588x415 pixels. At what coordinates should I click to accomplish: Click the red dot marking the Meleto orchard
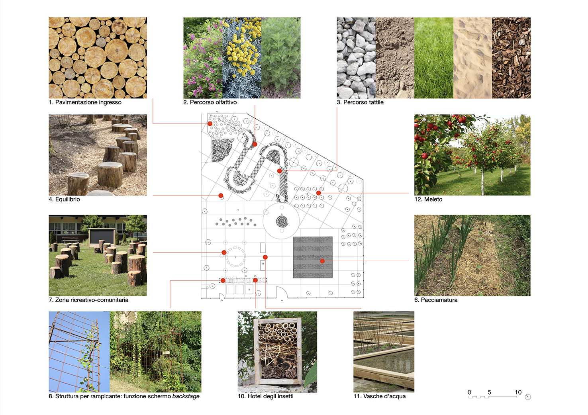[318, 193]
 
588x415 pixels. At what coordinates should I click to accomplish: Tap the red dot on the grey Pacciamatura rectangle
[322, 261]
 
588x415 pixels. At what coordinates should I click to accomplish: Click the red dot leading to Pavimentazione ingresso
[210, 124]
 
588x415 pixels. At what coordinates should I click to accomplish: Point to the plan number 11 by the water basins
[263, 264]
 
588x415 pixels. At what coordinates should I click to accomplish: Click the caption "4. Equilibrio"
[64, 199]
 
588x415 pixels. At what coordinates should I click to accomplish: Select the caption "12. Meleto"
[428, 199]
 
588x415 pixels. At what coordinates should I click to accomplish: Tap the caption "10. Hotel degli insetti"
[265, 396]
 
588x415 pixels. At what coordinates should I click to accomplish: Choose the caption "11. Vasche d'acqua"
[379, 396]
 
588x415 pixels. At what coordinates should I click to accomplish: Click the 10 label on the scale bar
[518, 392]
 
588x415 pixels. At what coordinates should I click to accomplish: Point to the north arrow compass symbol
[528, 397]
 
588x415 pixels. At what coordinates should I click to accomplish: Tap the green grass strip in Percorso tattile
[433, 58]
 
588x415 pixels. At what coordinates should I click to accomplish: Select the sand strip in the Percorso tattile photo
[472, 58]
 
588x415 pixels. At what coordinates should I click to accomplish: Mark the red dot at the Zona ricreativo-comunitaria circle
[224, 253]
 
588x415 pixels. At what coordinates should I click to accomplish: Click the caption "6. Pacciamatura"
[436, 300]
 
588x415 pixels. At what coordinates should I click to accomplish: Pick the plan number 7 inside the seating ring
[235, 258]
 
